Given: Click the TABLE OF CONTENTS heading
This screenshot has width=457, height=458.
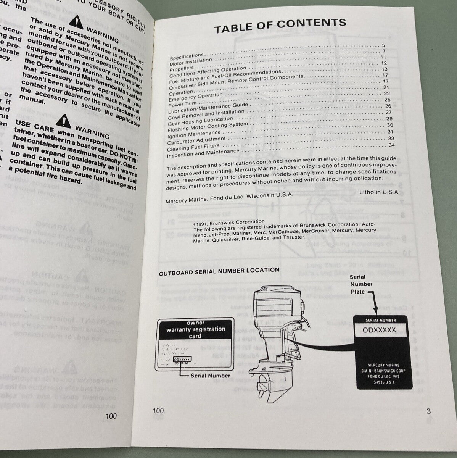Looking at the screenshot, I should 280,26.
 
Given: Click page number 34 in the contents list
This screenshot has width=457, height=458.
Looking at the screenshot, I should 391,145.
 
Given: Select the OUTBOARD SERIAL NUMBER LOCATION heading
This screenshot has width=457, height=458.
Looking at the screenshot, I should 219,271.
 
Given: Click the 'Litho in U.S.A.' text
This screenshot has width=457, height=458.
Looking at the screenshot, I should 379,192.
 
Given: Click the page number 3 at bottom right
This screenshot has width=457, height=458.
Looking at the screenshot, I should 428,411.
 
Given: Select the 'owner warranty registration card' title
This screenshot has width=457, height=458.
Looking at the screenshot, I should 195,329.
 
